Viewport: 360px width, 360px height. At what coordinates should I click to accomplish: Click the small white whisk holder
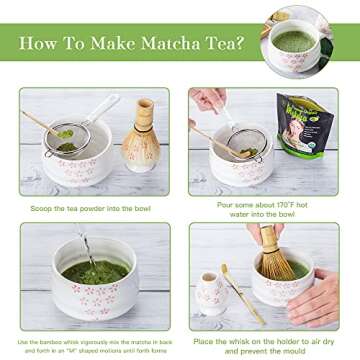[214, 294]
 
